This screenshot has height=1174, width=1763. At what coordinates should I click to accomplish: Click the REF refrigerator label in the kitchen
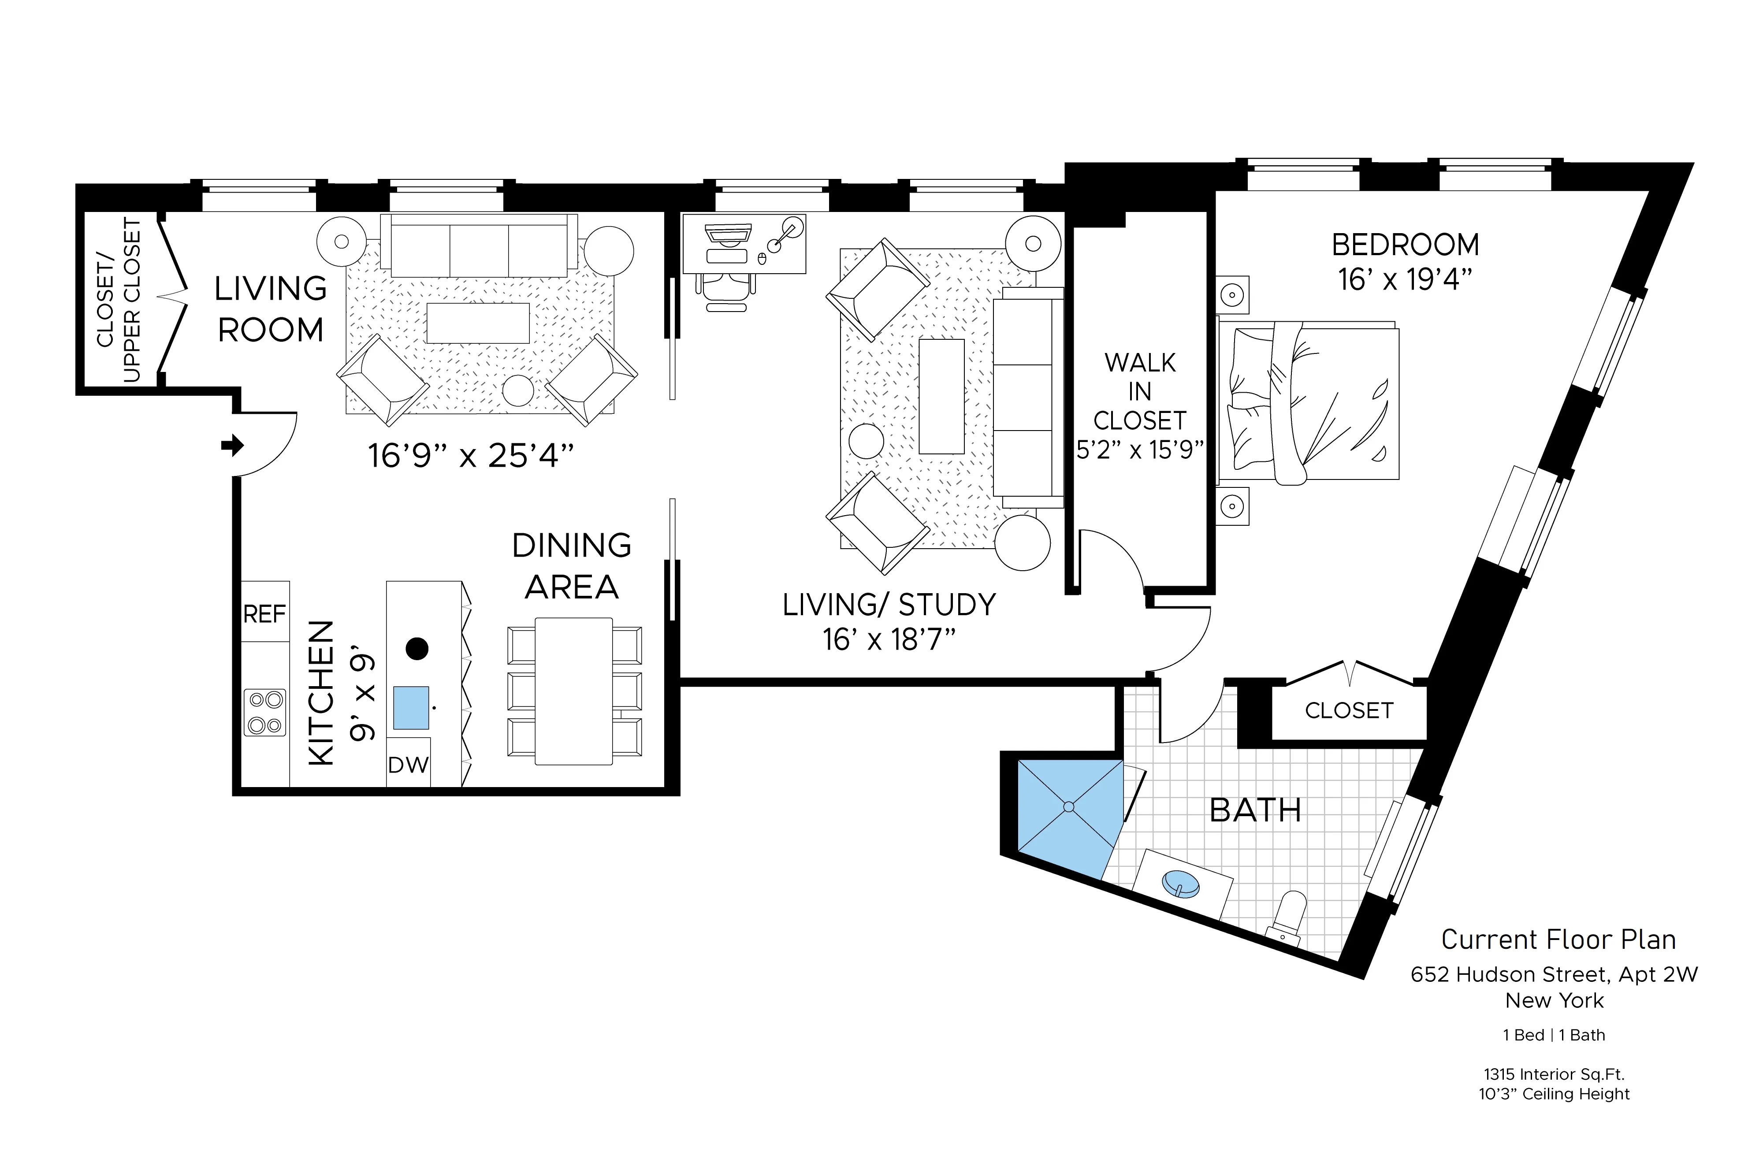click(x=264, y=614)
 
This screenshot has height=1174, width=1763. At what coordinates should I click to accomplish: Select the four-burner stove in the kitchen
click(x=265, y=712)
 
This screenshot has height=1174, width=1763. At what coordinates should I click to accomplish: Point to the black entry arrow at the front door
click(x=233, y=446)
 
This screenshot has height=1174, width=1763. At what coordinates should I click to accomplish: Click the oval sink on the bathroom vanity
click(x=1181, y=884)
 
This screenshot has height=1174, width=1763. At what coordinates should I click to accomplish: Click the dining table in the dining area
click(x=573, y=690)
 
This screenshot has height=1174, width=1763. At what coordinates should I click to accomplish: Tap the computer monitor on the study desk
click(x=728, y=234)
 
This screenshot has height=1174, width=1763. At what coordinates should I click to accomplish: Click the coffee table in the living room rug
click(x=478, y=323)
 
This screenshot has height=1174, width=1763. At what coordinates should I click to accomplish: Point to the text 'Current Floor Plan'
click(x=1558, y=939)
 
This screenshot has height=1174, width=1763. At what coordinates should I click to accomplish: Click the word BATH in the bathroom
click(x=1255, y=810)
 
